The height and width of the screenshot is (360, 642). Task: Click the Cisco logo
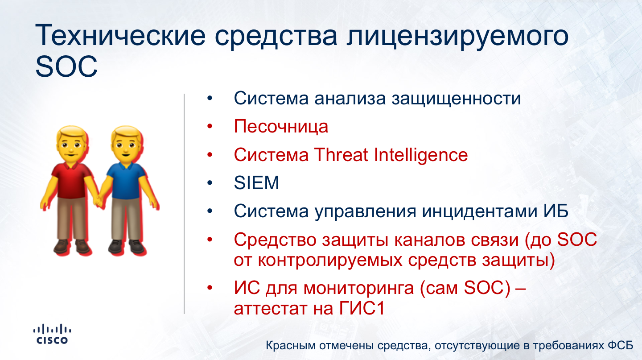(52, 334)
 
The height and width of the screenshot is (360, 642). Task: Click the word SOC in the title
(66, 67)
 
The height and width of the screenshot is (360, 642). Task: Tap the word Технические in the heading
(120, 36)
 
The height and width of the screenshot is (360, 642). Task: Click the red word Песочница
(281, 127)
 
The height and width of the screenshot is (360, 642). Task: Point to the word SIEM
(256, 183)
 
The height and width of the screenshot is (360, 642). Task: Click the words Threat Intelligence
(391, 155)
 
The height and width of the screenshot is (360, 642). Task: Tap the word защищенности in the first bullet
(456, 99)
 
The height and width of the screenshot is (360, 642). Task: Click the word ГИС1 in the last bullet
(362, 309)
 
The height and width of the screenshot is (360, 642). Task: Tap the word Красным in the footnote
(291, 346)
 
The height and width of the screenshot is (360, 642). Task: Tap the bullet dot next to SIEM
(210, 183)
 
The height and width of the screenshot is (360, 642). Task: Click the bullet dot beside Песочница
(210, 126)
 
